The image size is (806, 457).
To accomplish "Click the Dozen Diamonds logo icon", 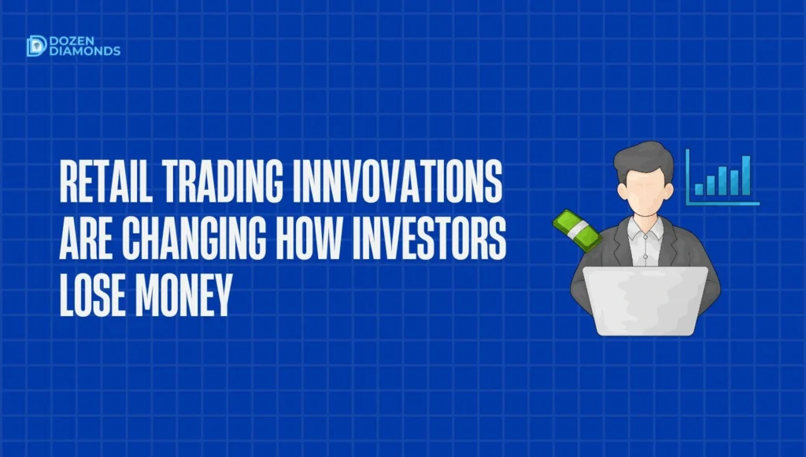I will click(35, 46).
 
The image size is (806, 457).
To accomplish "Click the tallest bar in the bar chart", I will click(745, 175).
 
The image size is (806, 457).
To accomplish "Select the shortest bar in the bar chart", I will click(699, 188).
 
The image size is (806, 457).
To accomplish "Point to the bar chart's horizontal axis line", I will click(724, 204).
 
